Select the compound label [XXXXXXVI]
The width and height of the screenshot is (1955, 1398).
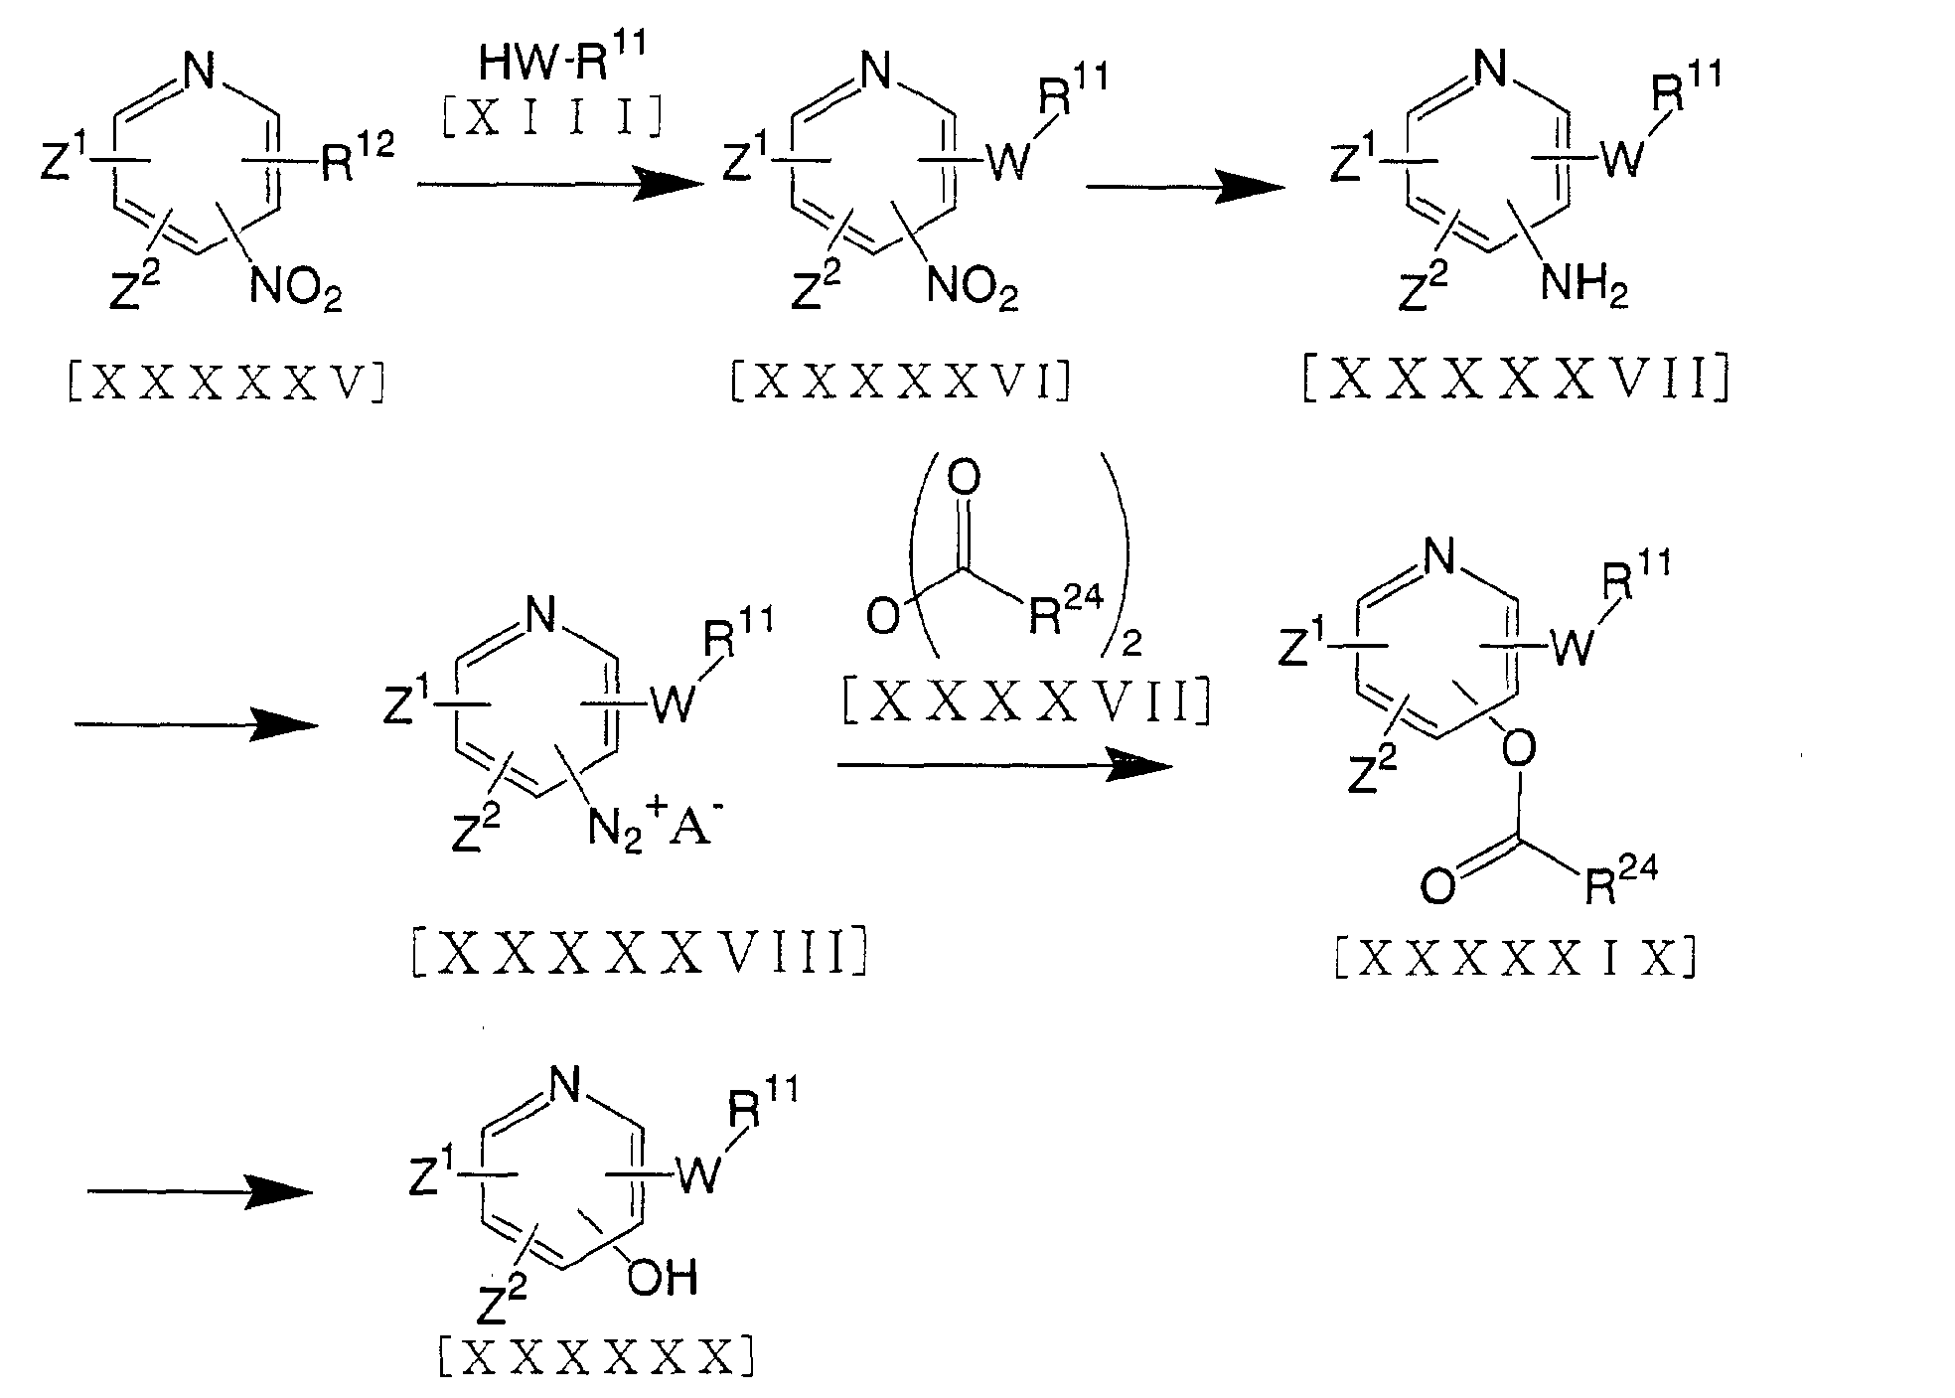[x=900, y=382]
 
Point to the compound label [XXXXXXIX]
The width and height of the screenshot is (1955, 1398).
[x=1514, y=960]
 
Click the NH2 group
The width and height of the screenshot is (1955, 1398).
[x=1582, y=289]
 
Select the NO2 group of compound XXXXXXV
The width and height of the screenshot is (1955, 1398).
[x=296, y=289]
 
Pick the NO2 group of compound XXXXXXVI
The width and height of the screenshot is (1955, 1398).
[x=973, y=289]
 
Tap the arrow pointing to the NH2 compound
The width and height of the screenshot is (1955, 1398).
[x=1181, y=186]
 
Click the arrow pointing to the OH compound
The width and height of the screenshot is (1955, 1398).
[x=199, y=1191]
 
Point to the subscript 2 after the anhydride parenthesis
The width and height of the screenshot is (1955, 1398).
[x=1131, y=645]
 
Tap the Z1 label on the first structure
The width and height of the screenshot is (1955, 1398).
[x=62, y=159]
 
